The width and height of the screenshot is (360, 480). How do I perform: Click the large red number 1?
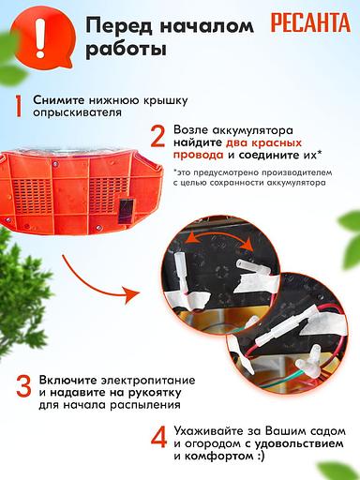tap(18, 105)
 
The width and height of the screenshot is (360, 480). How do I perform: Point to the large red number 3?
tap(20, 388)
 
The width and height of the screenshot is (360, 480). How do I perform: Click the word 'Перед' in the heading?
tap(118, 25)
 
